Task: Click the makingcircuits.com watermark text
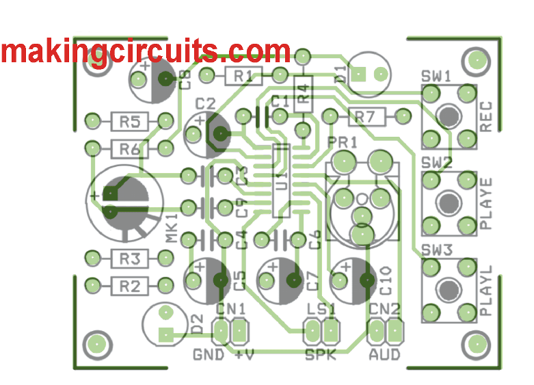146,51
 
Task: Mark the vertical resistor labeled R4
302,95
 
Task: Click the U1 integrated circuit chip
281,181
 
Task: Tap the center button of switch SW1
449,116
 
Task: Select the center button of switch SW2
449,202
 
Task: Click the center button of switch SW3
449,289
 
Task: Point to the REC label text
486,117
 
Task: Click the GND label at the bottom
207,355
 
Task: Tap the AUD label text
384,355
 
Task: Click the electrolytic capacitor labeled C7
280,280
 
